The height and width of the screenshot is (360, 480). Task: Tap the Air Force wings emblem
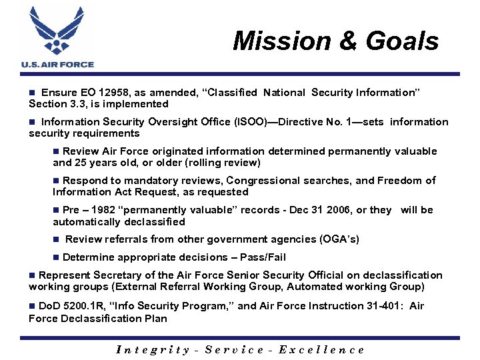click(58, 31)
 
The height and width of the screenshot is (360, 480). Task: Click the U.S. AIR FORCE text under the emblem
click(58, 65)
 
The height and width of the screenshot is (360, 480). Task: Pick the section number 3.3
click(79, 104)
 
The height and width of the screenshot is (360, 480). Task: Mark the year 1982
click(109, 210)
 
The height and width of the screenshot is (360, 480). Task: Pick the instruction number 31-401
click(380, 306)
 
